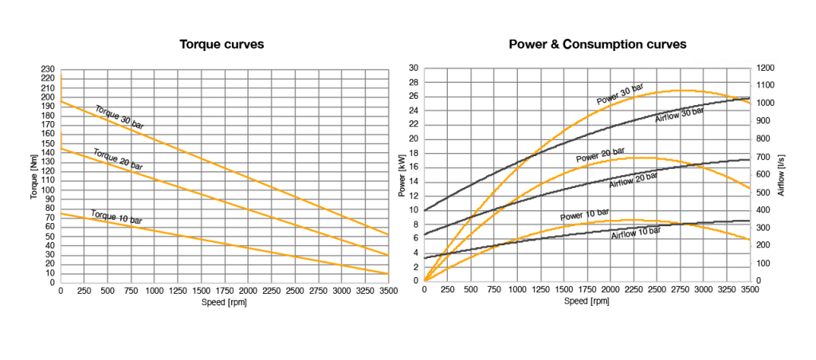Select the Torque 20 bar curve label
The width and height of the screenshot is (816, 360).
[x=118, y=159]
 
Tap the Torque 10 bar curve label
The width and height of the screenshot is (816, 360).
[x=118, y=217]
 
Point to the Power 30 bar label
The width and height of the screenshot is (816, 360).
[x=620, y=93]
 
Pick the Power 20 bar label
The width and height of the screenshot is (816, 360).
[x=600, y=155]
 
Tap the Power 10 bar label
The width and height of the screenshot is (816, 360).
[x=584, y=214]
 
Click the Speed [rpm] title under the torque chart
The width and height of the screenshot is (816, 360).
[x=224, y=302]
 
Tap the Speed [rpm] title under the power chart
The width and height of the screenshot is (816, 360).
[x=586, y=300]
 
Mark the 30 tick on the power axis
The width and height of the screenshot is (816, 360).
[x=413, y=68]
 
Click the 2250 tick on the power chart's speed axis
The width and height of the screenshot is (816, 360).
[x=610, y=290]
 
